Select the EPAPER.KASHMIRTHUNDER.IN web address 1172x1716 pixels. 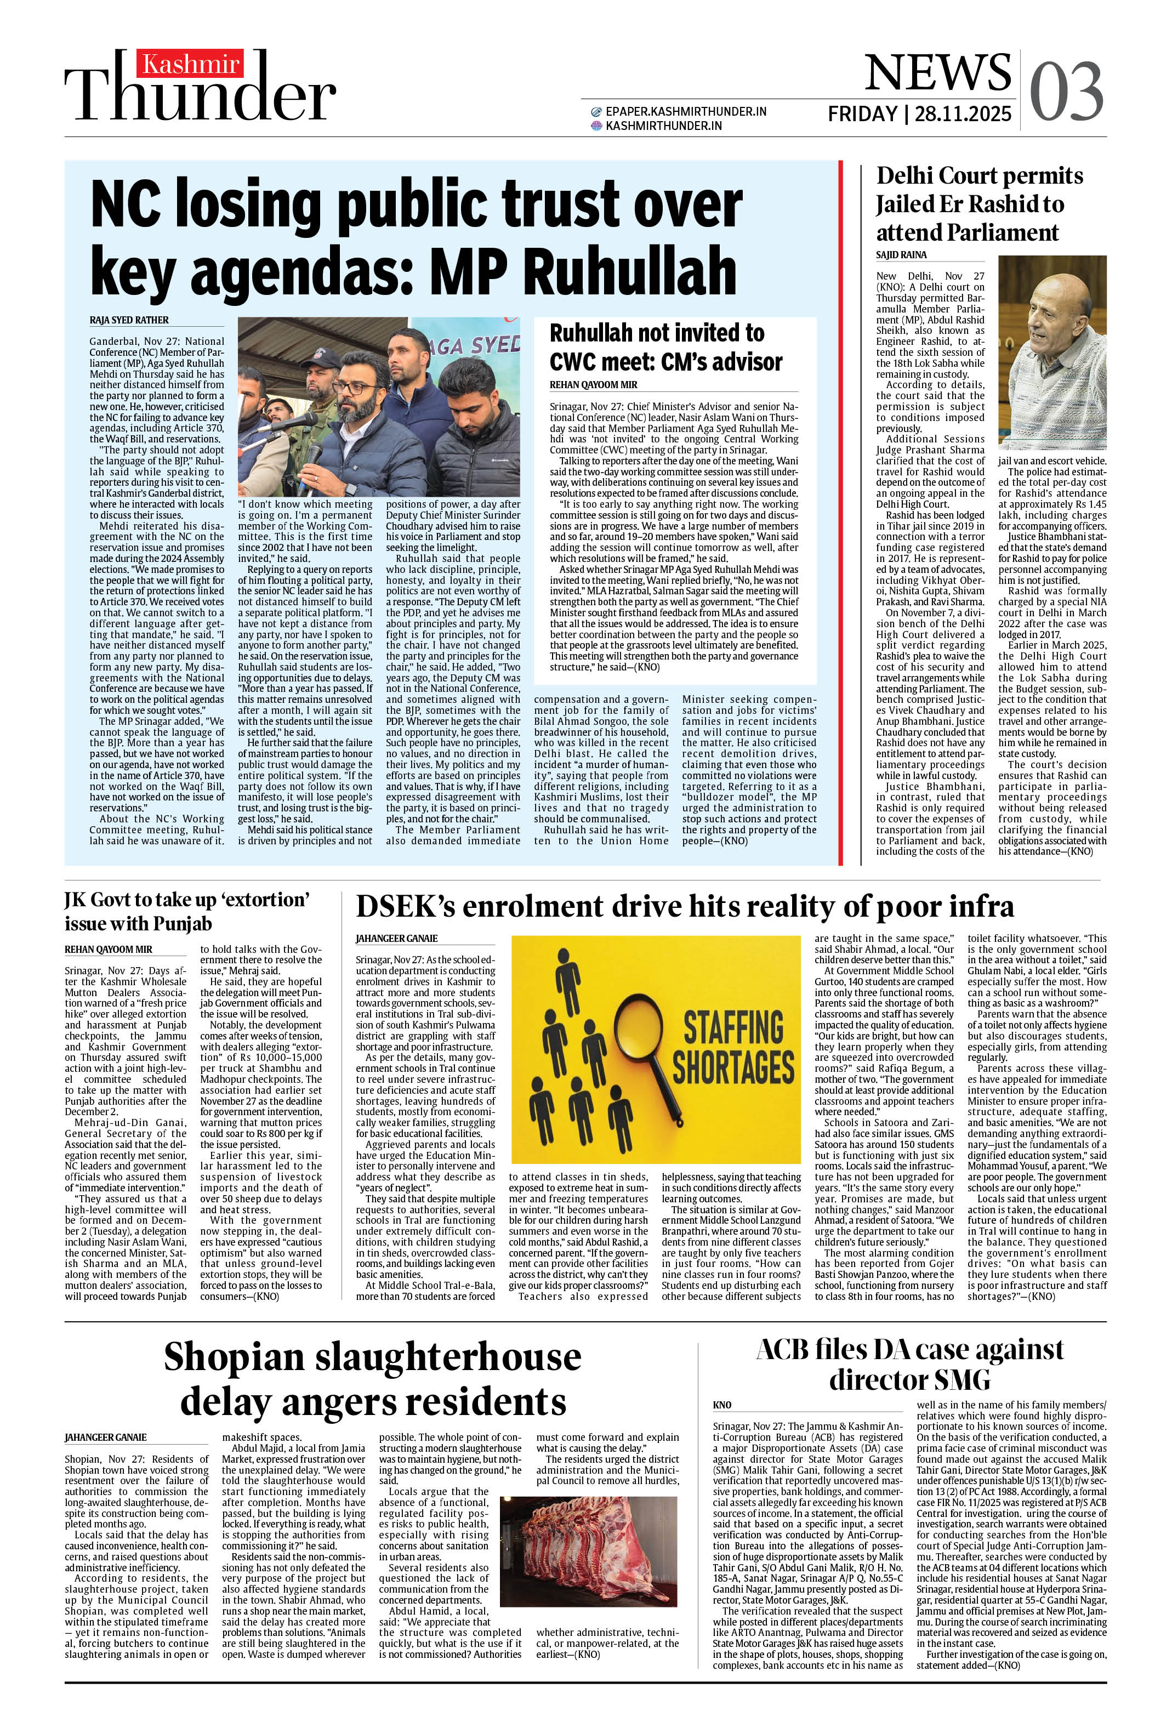[685, 111]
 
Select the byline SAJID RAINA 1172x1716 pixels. [901, 255]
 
